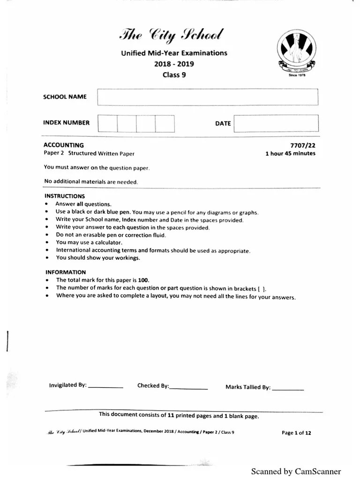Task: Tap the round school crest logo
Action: (295, 51)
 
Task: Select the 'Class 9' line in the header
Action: (174, 75)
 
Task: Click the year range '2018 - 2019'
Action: (174, 64)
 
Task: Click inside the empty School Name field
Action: (208, 97)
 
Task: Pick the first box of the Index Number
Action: (107, 123)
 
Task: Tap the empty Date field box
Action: (276, 124)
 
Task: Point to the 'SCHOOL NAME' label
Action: (65, 97)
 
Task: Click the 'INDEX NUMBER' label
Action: (66, 123)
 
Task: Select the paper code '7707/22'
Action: (303, 146)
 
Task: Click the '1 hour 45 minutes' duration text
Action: (290, 153)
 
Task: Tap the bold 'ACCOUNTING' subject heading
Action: (64, 145)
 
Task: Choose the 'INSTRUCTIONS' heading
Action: (65, 196)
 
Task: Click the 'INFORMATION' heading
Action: (66, 272)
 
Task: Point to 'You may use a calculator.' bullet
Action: (89, 242)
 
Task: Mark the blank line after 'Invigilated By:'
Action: (105, 387)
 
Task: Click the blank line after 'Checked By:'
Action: (188, 388)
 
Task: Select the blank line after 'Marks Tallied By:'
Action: (288, 389)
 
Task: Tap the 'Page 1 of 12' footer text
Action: (296, 433)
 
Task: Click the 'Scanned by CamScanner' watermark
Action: (296, 471)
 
